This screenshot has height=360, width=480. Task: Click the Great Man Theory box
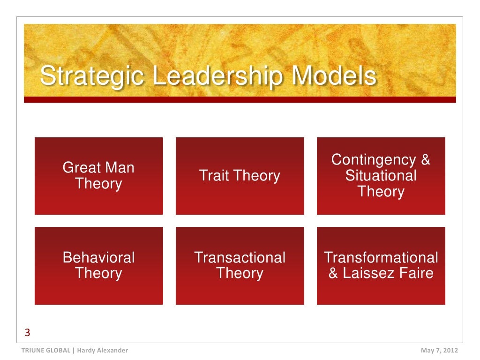pos(98,176)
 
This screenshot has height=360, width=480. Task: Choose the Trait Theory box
pos(240,176)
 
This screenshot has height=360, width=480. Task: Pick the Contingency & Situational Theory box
pos(381,176)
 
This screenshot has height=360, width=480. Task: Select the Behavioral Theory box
pos(98,265)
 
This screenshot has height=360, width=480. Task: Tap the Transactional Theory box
pos(240,265)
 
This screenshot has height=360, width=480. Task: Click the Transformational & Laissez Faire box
pos(381,265)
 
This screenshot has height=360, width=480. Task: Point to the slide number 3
pos(27,333)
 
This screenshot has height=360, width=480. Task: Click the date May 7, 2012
pos(439,351)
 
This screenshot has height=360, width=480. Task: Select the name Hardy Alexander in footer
pos(102,351)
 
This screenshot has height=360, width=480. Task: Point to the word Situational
pos(381,176)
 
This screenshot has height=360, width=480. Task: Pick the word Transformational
pos(381,257)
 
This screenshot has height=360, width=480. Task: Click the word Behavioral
pos(98,257)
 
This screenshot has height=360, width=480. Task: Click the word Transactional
pos(240,257)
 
